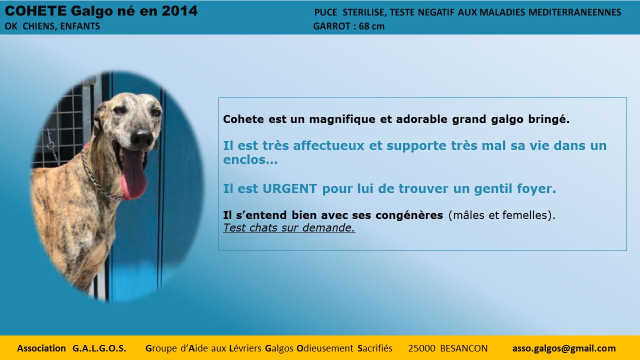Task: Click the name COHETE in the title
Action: pyautogui.click(x=35, y=11)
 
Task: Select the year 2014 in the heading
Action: pyautogui.click(x=179, y=11)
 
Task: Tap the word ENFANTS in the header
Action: pyautogui.click(x=80, y=26)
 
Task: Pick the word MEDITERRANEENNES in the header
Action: pyautogui.click(x=574, y=12)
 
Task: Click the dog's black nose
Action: pyautogui.click(x=142, y=137)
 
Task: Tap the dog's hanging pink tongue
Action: pyautogui.click(x=133, y=174)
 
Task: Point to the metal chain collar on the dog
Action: pyautogui.click(x=98, y=178)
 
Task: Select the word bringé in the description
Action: pyautogui.click(x=548, y=119)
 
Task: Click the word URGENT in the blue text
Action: pyautogui.click(x=289, y=188)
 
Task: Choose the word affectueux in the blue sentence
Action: pyautogui.click(x=328, y=145)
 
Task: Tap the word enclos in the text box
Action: pyautogui.click(x=246, y=159)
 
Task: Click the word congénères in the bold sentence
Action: pyautogui.click(x=409, y=215)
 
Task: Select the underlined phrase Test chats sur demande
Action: pyautogui.click(x=289, y=227)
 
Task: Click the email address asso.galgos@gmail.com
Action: pyautogui.click(x=564, y=348)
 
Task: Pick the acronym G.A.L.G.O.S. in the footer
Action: pyautogui.click(x=99, y=348)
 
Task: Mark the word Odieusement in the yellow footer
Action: pyautogui.click(x=325, y=348)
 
